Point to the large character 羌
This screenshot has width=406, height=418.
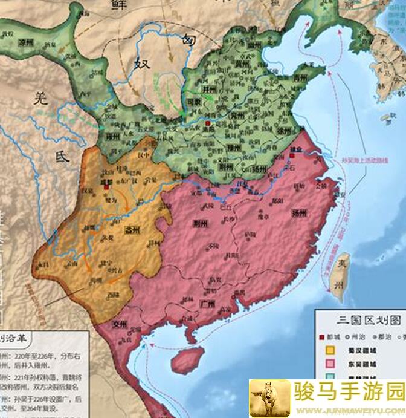pyautogui.click(x=40, y=97)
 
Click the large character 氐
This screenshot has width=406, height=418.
pyautogui.click(x=62, y=156)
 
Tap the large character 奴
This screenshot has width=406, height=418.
pyautogui.click(x=143, y=64)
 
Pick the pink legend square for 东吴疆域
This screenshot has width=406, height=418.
pyautogui.click(x=330, y=363)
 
